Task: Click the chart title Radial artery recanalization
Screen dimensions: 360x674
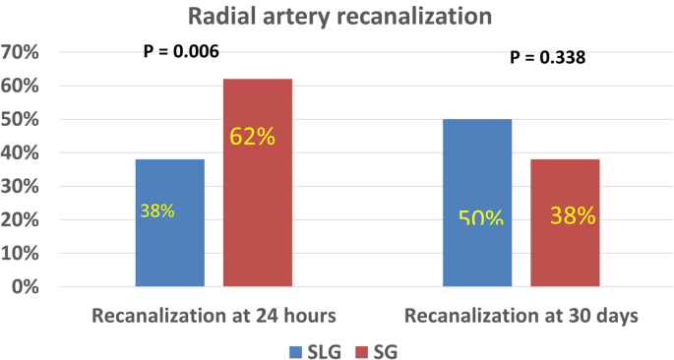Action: point(336,17)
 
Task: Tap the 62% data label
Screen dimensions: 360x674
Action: point(252,137)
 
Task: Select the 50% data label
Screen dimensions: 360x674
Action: point(480,217)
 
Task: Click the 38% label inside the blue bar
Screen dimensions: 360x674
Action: point(156,210)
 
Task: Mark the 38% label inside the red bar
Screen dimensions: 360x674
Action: point(573,216)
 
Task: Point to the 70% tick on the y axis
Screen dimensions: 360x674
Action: point(20,52)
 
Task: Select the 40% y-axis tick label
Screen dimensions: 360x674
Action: point(20,153)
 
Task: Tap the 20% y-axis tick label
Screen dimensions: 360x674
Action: point(20,220)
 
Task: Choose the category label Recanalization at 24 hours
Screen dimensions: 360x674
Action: point(214,317)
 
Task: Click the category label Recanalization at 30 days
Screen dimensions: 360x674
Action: point(521,317)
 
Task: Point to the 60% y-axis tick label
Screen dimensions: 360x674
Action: point(20,87)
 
